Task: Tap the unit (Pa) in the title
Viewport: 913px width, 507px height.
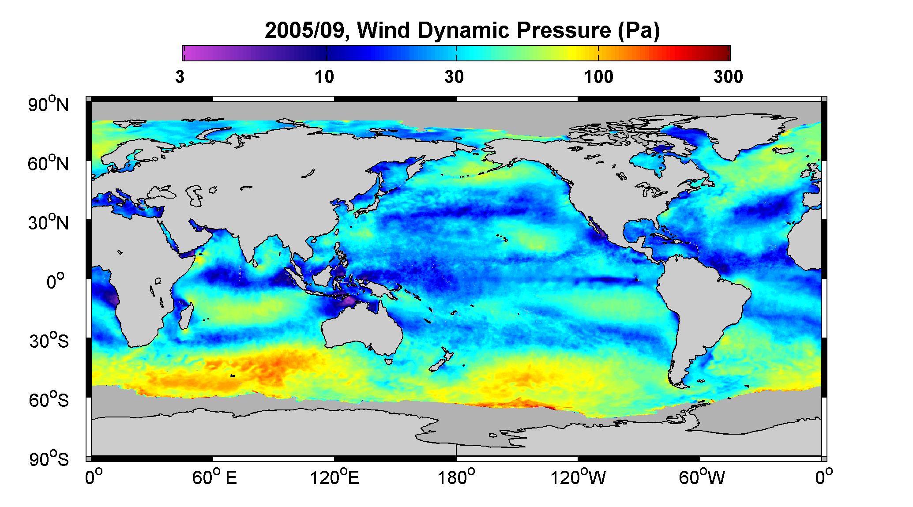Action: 639,31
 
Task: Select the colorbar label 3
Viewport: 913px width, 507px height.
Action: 180,77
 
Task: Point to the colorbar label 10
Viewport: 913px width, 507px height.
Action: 324,77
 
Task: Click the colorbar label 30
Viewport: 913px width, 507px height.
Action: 454,77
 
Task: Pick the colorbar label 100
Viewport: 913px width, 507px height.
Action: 598,77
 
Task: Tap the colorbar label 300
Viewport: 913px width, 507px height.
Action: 728,77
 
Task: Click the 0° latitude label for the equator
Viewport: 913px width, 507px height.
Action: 56,282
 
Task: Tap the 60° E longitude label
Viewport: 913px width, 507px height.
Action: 214,477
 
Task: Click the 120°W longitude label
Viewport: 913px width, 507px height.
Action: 578,477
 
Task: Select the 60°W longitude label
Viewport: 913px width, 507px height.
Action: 701,477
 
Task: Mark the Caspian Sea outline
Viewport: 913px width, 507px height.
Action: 195,196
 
